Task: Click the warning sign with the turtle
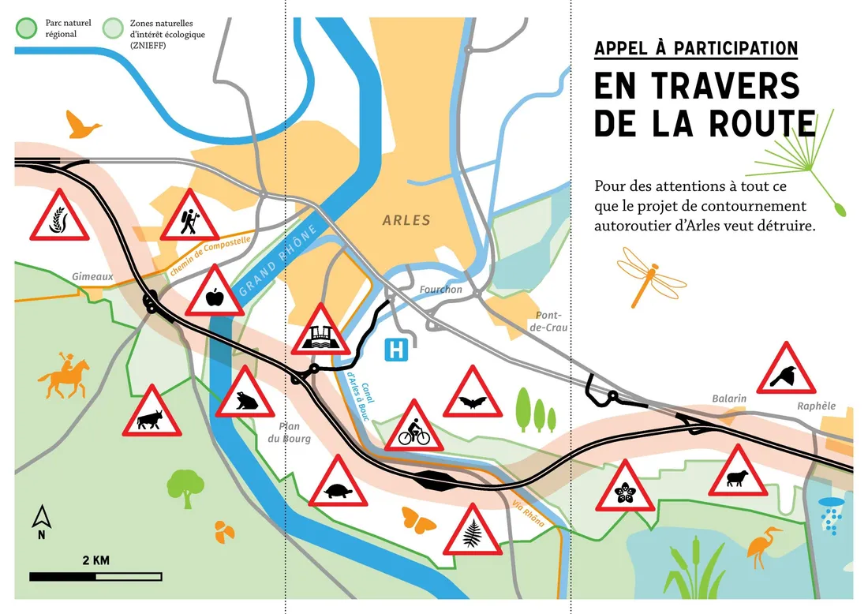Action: (338, 484)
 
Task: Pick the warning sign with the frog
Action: (245, 396)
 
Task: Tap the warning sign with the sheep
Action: (738, 474)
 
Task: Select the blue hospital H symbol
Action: (395, 350)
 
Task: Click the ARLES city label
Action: (406, 220)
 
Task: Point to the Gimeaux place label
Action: (93, 277)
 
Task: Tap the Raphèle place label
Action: (816, 406)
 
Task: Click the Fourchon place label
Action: (440, 290)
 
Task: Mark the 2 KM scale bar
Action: (96, 576)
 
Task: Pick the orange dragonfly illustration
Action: (651, 275)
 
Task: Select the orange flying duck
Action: (83, 125)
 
